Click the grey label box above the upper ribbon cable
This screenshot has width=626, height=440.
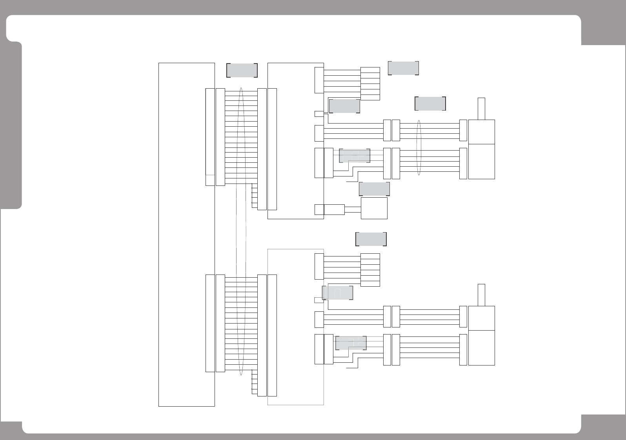coord(242,70)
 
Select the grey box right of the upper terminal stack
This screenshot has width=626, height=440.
coord(403,68)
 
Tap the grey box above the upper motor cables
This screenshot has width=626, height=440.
coord(430,103)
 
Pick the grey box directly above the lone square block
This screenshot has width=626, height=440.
coord(374,189)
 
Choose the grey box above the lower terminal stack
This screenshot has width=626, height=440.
coord(371,239)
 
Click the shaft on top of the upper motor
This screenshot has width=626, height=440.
coord(481,109)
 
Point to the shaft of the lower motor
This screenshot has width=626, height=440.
coord(481,295)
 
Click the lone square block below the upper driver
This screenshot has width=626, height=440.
coord(374,208)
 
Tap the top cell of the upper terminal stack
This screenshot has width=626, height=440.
coord(370,70)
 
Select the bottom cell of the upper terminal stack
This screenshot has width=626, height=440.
coord(370,97)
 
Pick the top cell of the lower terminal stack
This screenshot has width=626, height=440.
coord(370,256)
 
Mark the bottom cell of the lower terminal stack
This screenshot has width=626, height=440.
coord(370,284)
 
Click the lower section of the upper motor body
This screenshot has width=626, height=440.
coord(481,162)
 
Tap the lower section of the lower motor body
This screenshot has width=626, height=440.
coord(481,348)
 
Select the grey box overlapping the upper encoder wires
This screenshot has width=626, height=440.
coord(355,156)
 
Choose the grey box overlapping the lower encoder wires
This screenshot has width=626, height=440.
coord(351,343)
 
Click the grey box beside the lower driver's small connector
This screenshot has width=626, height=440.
coord(337,293)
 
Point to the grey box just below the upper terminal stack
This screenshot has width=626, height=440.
coord(344,106)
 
